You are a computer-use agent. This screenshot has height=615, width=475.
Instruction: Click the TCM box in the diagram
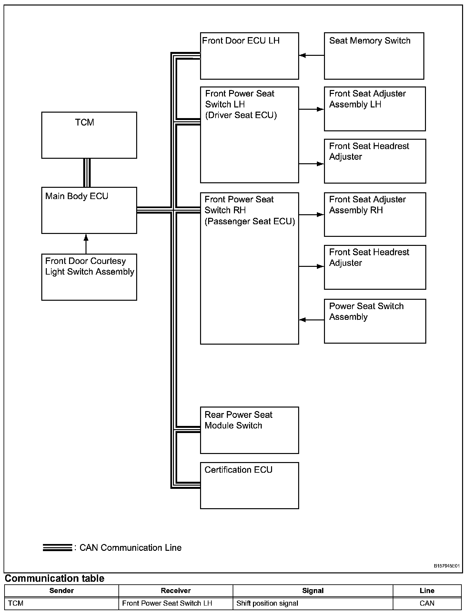pos(89,135)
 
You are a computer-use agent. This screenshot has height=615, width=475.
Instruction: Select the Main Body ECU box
pos(89,210)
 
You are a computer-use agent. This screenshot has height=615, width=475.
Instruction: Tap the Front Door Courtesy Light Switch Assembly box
pos(89,277)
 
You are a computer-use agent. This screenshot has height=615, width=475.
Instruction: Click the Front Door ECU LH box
pos(249,56)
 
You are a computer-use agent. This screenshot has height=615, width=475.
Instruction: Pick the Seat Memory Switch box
pos(374,56)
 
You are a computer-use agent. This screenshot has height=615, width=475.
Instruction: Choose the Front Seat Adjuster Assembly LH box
pos(375,109)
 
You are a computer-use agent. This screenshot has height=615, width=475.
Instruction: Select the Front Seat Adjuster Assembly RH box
pos(375,215)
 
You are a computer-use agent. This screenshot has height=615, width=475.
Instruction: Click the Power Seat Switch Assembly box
pos(375,321)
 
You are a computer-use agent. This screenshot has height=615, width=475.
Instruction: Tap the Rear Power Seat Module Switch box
pos(249,430)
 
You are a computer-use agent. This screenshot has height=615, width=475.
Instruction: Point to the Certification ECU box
pos(249,485)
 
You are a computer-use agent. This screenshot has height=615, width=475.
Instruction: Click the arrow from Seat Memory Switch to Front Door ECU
pos(311,55)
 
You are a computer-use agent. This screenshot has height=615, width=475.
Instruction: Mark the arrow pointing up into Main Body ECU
pos(86,244)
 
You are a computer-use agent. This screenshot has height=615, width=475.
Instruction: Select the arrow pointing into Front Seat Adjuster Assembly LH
pos(311,109)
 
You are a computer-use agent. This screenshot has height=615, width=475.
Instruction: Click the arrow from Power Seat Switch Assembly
pos(311,320)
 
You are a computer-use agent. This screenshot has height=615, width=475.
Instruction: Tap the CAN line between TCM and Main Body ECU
pos(87,173)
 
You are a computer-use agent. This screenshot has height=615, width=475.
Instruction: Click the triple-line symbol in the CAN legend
pos(57,548)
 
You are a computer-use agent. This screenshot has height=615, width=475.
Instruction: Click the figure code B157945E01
pos(446,566)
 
